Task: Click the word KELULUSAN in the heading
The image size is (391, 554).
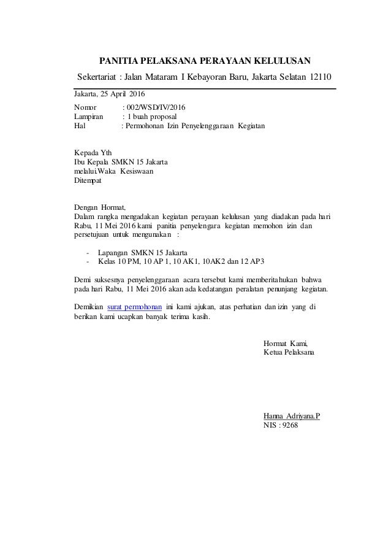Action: (283, 61)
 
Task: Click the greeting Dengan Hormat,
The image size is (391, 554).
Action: (99, 207)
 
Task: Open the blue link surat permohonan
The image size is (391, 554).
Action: (134, 306)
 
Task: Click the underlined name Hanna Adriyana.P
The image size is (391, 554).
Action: (291, 415)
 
